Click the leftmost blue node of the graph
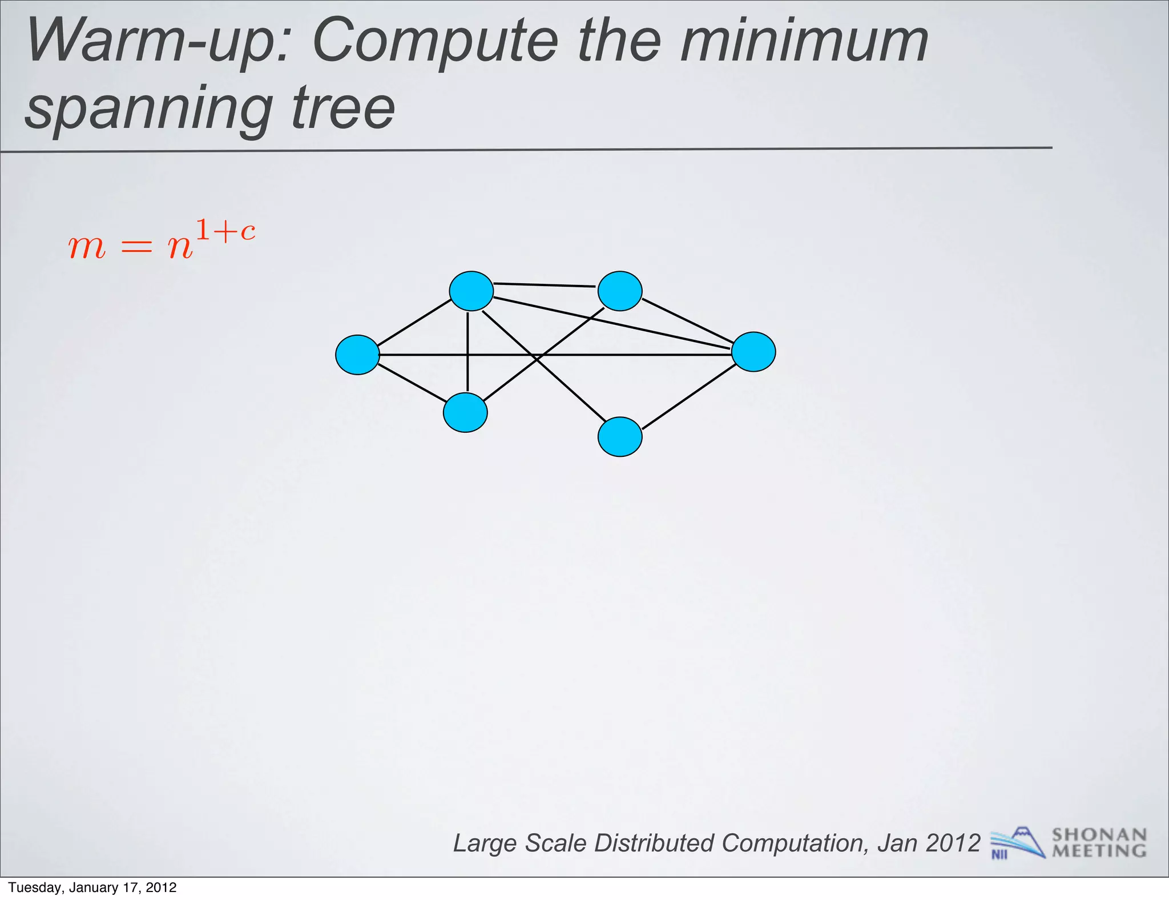[357, 355]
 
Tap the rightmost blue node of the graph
[753, 352]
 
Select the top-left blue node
[471, 291]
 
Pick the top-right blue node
[620, 291]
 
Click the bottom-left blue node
[465, 412]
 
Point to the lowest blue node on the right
[620, 437]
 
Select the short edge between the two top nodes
[545, 284]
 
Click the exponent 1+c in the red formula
[225, 231]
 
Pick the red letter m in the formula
[87, 248]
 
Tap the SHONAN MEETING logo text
[1099, 843]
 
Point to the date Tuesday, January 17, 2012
[92, 887]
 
